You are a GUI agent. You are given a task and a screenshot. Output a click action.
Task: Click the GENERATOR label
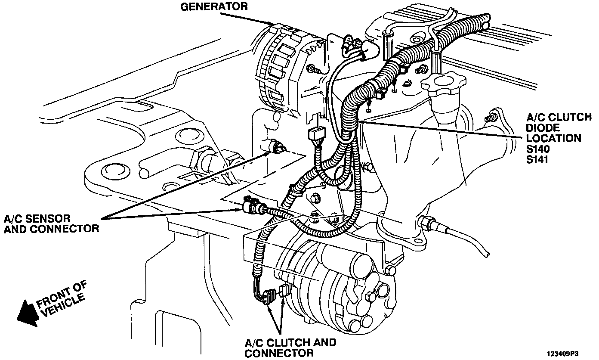[213, 6]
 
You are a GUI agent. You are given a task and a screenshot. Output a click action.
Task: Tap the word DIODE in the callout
[538, 128]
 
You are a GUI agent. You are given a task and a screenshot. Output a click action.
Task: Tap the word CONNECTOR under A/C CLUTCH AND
[279, 353]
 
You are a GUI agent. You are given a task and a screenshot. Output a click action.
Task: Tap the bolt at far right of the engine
[488, 118]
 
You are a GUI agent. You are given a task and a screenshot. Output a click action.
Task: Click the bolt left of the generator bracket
[312, 68]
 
